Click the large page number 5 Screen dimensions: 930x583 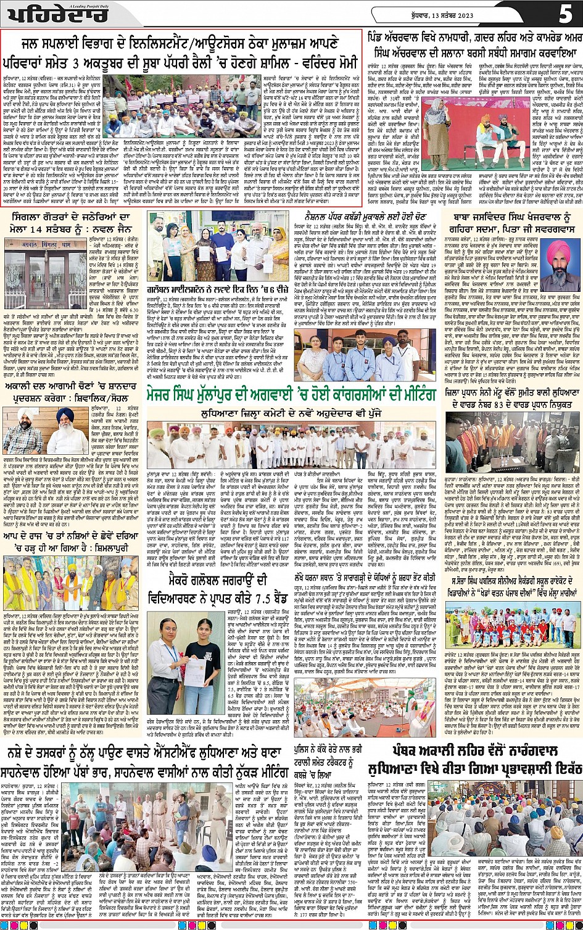564,14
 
